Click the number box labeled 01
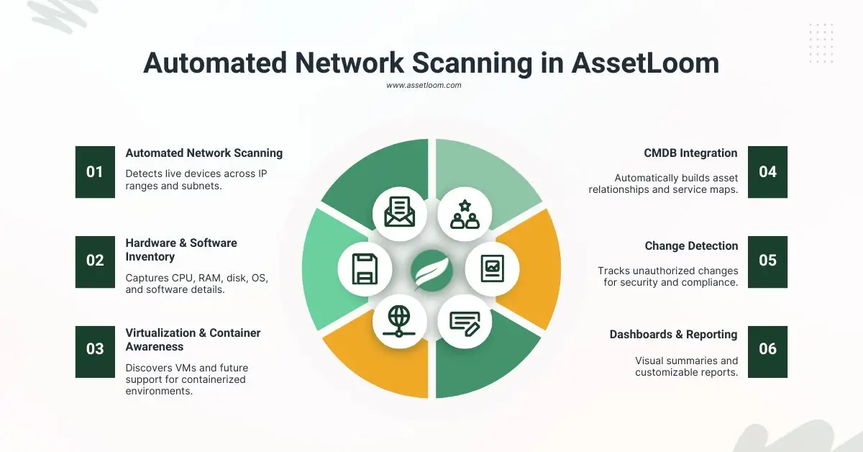(x=95, y=172)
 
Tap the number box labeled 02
(x=95, y=261)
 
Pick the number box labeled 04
(x=767, y=172)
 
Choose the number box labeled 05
(x=767, y=261)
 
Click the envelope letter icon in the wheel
(x=399, y=212)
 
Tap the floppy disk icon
(x=365, y=269)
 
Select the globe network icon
(x=399, y=323)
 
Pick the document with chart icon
(x=493, y=269)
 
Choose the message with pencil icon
(x=465, y=323)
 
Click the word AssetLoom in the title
(x=645, y=63)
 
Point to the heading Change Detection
(x=691, y=246)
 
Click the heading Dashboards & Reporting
(x=673, y=335)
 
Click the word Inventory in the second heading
(x=151, y=257)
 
